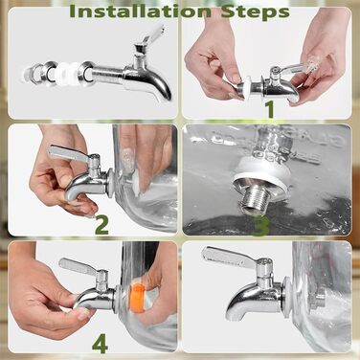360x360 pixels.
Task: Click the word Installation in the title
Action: click(x=141, y=11)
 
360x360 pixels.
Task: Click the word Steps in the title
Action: click(x=256, y=12)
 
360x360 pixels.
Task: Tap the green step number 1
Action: click(x=270, y=109)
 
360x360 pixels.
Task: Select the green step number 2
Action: click(x=102, y=225)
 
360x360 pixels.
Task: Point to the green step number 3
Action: click(x=260, y=227)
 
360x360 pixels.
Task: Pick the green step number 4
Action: click(x=100, y=344)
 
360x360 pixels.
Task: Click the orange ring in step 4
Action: click(x=136, y=298)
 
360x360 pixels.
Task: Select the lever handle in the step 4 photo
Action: click(x=81, y=265)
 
